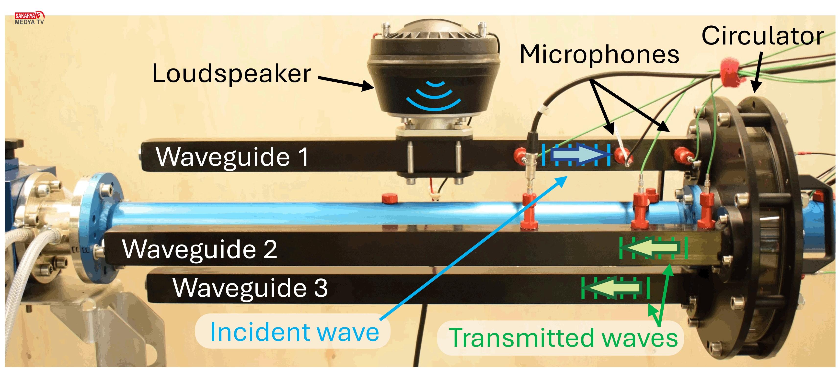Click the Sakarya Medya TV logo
pyautogui.click(x=29, y=18)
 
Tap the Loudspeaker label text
pyautogui.click(x=231, y=74)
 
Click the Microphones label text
pyautogui.click(x=599, y=55)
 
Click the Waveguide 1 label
pyautogui.click(x=232, y=157)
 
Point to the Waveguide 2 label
pyautogui.click(x=200, y=249)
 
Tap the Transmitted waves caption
pyautogui.click(x=563, y=338)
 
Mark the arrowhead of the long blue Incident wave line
pyautogui.click(x=563, y=180)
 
